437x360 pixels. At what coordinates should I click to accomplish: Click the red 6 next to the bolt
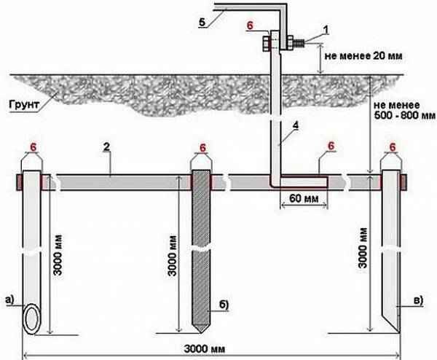point(251,26)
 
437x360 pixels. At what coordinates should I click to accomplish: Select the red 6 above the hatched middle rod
point(201,146)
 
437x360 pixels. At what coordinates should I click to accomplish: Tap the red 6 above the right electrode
point(394,146)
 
